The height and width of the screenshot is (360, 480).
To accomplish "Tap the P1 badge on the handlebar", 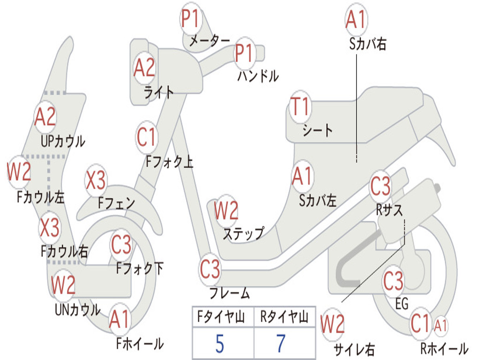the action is click(244, 53).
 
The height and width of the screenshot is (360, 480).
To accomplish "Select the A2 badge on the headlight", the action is click(144, 68).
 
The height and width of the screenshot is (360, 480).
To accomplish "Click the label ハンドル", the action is click(258, 76).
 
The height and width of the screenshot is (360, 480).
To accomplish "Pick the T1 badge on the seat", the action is click(300, 107).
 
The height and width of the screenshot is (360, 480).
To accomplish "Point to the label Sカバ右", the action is click(367, 44).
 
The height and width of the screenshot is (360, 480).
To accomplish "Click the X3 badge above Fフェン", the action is click(96, 180).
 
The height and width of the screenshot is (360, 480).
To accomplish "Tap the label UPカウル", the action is click(63, 141).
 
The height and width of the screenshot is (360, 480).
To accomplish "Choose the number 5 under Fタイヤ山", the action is click(219, 344).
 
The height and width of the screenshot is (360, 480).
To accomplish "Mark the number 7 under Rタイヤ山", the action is click(281, 344).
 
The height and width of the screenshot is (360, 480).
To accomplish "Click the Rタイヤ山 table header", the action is click(284, 318).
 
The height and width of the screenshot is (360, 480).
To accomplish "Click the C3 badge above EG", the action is click(393, 281).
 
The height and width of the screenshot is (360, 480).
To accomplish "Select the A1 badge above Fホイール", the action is click(119, 321).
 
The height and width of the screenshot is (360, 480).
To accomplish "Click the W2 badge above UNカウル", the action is click(63, 285).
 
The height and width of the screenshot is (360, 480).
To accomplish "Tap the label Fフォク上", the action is click(169, 162).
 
